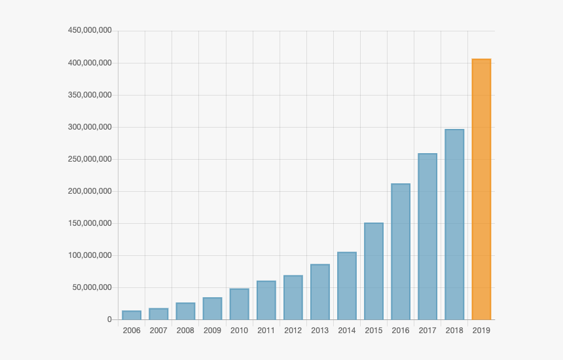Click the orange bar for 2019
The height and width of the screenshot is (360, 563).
pos(481,190)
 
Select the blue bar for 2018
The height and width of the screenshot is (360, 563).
pos(454,225)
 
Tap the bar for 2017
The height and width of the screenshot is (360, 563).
pos(427,237)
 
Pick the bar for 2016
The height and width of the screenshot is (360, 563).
pos(401,252)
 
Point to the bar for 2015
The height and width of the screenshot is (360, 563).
pos(374,272)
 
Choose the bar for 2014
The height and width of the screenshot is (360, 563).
pos(347,286)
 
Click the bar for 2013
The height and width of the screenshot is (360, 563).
pos(320,292)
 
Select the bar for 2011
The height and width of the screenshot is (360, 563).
pos(266,300)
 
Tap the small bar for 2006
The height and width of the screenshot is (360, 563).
pos(132,315)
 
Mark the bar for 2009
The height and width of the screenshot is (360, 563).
pos(212,309)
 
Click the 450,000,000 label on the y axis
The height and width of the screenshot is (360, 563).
pos(90,31)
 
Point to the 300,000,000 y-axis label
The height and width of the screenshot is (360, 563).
pos(90,127)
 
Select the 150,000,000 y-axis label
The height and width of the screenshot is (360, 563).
pos(90,223)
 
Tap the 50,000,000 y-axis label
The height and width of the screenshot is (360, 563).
pos(92,287)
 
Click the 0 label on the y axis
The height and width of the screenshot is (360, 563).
pos(109,319)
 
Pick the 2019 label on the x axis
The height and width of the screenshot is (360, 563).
pos(481,331)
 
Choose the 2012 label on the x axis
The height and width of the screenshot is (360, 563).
pos(293,331)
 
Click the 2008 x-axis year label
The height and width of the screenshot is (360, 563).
pos(185,331)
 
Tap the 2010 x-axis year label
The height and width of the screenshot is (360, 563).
pos(239,331)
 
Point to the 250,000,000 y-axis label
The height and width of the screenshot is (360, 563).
pos(90,159)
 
